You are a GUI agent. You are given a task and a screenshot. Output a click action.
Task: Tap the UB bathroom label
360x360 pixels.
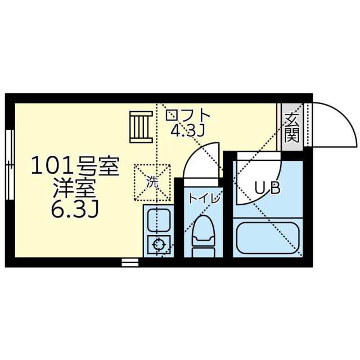(268, 188)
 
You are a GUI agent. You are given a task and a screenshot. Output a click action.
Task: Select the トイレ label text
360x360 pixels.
(204, 199)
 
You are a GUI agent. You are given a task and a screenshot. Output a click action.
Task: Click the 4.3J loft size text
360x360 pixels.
(187, 131)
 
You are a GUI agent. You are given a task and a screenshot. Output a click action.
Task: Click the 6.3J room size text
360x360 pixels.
(75, 210)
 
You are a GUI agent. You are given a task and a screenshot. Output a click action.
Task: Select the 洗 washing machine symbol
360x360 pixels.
(152, 182)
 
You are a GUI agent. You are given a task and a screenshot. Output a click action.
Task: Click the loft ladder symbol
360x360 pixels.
(141, 127)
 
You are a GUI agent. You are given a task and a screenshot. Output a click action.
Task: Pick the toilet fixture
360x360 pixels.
(204, 236)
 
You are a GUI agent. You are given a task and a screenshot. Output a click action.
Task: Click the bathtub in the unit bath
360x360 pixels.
(268, 238)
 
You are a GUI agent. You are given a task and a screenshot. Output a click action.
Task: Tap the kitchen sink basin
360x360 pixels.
(159, 220)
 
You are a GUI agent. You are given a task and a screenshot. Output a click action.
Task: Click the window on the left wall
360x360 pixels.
(10, 165)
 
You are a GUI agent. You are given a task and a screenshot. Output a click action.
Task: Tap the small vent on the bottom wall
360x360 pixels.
(130, 262)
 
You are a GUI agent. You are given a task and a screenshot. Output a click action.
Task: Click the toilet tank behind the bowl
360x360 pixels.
(204, 253)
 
